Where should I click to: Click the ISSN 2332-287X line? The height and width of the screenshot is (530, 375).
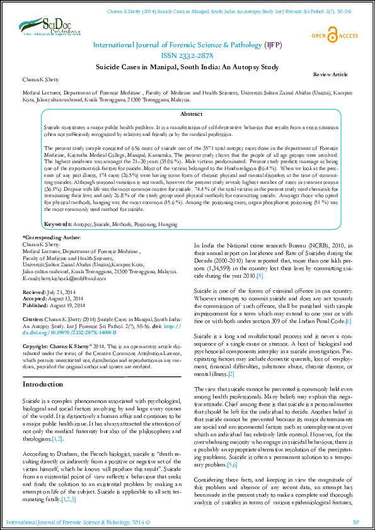[x=188, y=55]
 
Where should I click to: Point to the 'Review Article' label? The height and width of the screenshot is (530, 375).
[x=330, y=74]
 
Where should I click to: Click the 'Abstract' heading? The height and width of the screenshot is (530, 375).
[x=191, y=114]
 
